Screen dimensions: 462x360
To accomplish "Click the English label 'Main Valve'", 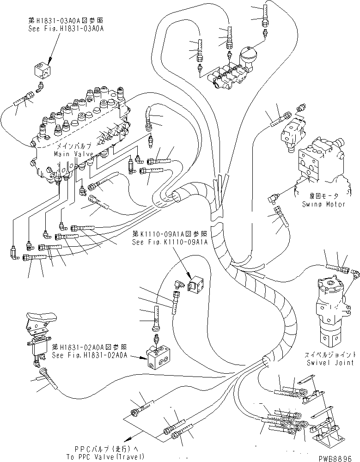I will [74, 153].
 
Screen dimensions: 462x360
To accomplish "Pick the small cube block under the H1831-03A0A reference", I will [45, 71].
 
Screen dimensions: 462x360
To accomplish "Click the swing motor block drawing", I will [319, 159].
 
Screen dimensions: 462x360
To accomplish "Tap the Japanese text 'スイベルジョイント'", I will [330, 354].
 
